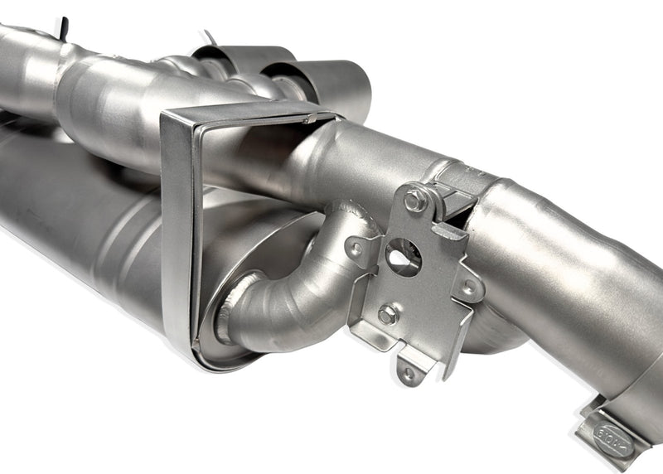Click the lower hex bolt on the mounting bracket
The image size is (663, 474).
point(388,314)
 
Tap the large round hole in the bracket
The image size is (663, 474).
point(404,257)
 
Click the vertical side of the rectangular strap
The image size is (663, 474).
point(176,224)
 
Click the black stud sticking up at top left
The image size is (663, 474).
point(63,27)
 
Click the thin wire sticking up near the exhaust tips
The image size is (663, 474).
point(208,38)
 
